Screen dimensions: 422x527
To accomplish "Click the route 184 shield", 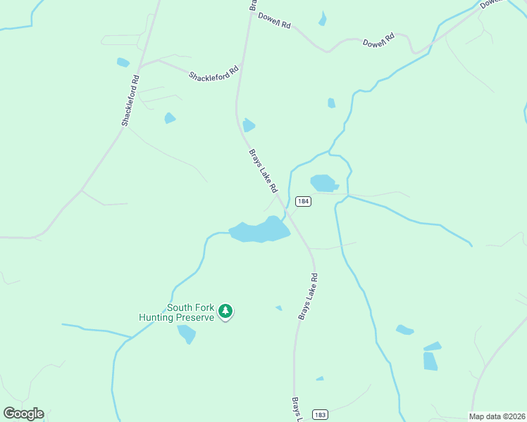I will tap(303, 201).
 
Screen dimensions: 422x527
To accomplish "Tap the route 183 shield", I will tap(321, 414).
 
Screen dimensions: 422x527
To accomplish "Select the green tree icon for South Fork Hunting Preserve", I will tap(225, 311).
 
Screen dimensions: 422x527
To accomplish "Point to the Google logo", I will tap(23, 414).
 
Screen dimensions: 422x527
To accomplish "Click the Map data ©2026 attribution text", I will tap(497, 416).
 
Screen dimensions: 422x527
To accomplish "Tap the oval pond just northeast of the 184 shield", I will tap(324, 183).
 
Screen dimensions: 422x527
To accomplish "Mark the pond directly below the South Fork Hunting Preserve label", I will tap(187, 333).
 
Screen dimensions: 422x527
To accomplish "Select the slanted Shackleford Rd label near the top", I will tap(214, 72).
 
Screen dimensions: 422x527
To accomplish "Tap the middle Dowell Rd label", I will tap(378, 43).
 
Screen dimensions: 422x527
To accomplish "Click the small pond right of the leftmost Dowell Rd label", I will tap(323, 19).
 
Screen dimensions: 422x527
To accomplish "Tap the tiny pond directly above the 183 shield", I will tap(320, 378).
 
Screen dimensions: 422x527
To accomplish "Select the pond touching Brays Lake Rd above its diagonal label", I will tap(248, 125).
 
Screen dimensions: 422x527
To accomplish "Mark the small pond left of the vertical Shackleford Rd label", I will tap(123, 62).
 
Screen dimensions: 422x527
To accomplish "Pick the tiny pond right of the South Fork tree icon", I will tap(279, 307).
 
